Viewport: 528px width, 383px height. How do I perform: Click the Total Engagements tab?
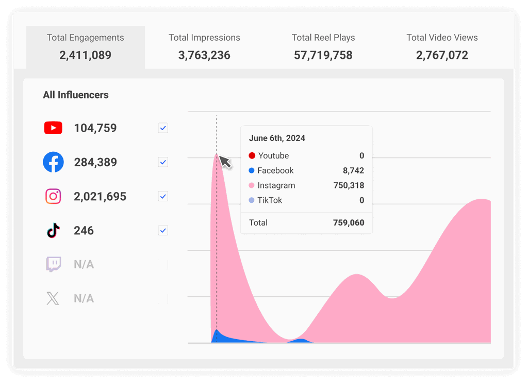(86, 46)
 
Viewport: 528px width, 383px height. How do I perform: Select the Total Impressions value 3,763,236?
(204, 55)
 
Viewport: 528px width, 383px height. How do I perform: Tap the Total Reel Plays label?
(323, 38)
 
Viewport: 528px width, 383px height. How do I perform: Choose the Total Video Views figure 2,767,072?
(442, 55)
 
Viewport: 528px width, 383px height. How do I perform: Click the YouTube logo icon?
(53, 128)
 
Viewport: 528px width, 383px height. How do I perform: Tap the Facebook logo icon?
(53, 162)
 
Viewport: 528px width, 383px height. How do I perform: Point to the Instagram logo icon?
(53, 196)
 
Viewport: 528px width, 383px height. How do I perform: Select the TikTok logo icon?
(53, 230)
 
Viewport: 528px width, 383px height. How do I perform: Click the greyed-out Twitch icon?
(53, 264)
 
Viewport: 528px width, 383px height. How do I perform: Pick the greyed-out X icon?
(53, 298)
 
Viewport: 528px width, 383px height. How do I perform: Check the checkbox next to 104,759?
(163, 128)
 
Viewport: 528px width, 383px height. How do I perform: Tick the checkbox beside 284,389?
(163, 162)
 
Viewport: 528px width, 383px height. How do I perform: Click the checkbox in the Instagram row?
(163, 196)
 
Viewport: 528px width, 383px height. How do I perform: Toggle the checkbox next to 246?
(163, 230)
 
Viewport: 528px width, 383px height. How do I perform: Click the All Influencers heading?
(76, 95)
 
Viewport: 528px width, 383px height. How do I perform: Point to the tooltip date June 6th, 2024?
(277, 138)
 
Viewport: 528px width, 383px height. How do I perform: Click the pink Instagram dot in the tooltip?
(252, 185)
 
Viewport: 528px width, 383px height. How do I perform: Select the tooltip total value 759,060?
(349, 223)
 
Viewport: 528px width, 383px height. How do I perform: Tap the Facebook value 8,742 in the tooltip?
(353, 170)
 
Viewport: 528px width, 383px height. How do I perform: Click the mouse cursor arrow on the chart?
(225, 161)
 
